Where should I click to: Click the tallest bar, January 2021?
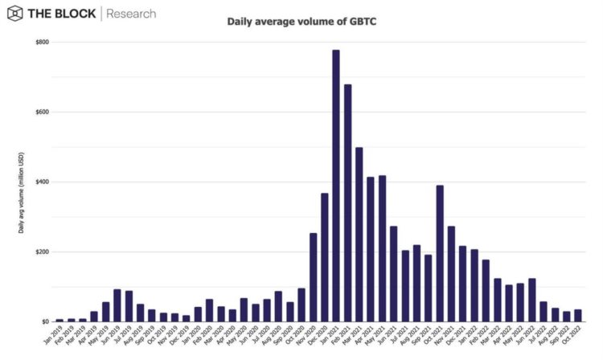pos(335,186)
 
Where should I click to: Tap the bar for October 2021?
pos(440,253)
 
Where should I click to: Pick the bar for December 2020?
pos(324,257)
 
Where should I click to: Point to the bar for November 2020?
pos(313,277)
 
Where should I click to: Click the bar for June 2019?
pos(117,305)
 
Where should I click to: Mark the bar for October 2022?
pos(578,315)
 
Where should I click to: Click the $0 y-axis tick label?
pos(45,321)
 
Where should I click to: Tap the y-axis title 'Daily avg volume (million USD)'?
pos(22,192)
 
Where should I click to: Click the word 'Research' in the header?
pos(131,14)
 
